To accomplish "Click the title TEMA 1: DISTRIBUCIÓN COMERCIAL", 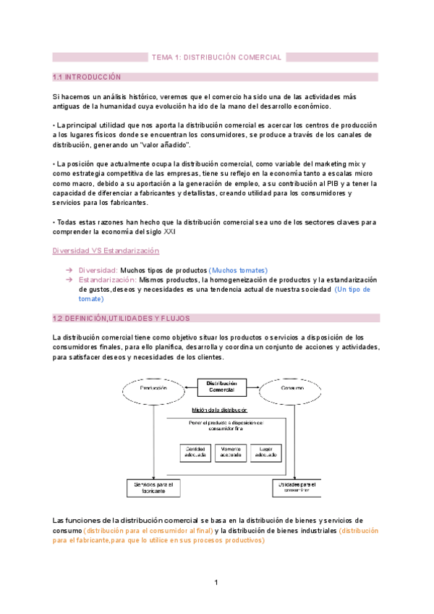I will coord(216,57).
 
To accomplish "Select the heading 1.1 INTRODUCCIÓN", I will coord(87,77).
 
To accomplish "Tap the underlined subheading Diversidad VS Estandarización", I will coord(106,251).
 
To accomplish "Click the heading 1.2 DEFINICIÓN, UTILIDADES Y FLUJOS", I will coord(121,318).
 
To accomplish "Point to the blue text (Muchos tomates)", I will coord(238,270).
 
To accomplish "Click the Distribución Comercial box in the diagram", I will coord(221,387).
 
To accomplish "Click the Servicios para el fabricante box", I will coord(154,487).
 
